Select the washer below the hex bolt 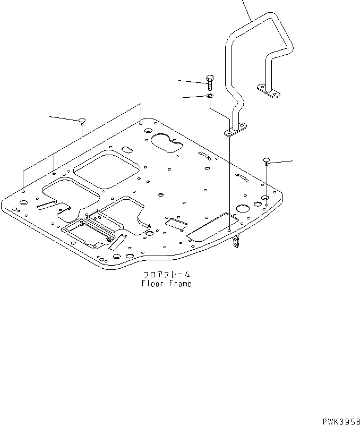click(210, 96)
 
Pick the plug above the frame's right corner click(267, 160)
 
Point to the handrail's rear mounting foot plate click(269, 91)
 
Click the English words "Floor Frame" click(166, 284)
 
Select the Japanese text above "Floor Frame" click(166, 275)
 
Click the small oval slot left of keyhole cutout click(128, 149)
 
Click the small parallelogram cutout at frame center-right click(176, 224)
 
